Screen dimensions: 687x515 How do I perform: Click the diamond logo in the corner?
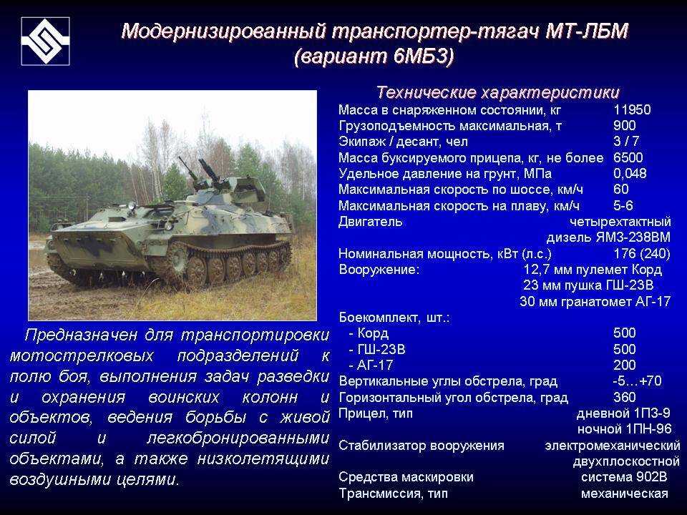tap(46, 41)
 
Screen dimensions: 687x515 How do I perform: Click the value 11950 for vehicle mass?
tap(632, 109)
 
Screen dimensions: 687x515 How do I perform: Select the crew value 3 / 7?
tap(626, 141)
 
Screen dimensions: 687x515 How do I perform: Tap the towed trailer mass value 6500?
tap(628, 157)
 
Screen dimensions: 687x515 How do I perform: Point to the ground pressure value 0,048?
tap(630, 173)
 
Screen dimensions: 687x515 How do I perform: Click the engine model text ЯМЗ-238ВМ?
tap(633, 237)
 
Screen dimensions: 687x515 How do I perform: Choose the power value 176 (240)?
tap(642, 253)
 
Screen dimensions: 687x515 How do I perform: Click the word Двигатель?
tap(370, 222)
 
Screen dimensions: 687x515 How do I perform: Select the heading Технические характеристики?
tap(498, 92)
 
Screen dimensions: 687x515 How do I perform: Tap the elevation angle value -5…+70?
tap(637, 381)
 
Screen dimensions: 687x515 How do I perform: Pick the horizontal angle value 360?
tap(624, 397)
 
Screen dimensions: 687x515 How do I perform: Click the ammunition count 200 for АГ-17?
tap(624, 365)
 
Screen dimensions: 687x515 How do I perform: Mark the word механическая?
tap(624, 494)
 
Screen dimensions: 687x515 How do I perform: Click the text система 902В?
tap(624, 477)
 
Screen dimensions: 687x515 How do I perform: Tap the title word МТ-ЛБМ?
tap(587, 31)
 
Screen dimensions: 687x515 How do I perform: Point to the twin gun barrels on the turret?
tap(200, 170)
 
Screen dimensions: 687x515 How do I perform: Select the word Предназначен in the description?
tap(81, 335)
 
